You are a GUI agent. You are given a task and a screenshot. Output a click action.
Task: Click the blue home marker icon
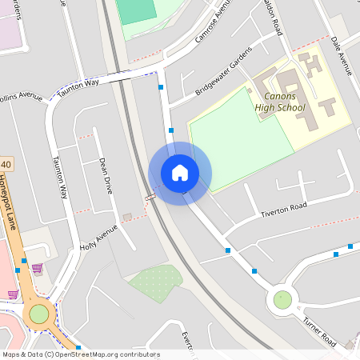(180, 173)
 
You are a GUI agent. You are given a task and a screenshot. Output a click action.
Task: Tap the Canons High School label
(280, 102)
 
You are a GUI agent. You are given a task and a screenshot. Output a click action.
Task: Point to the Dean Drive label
(106, 176)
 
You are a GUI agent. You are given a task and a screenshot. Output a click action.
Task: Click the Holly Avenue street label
(98, 238)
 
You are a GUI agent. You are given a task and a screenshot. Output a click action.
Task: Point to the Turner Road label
(319, 330)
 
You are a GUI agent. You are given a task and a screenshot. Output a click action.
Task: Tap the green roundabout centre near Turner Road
(282, 299)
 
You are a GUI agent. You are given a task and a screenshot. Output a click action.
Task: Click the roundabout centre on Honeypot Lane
(38, 314)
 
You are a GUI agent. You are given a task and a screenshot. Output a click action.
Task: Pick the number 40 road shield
(6, 164)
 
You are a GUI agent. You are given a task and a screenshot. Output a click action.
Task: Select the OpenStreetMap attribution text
(81, 354)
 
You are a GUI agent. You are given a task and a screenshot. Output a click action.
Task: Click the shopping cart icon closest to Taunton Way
(37, 269)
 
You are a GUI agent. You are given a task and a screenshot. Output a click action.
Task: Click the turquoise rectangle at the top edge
(135, 10)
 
